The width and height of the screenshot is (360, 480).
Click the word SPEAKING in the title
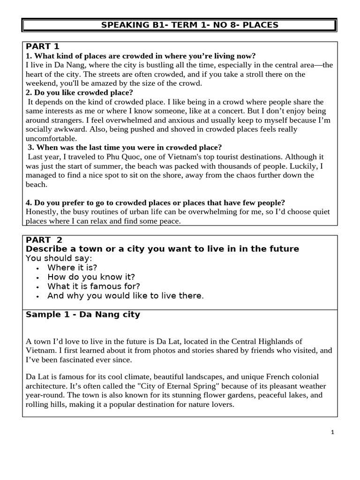tap(120, 25)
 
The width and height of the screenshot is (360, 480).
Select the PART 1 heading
tap(43, 46)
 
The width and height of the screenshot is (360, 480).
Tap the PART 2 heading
tap(44, 240)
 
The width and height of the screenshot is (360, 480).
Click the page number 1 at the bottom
tap(332, 433)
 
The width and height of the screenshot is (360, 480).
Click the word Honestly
tap(42, 212)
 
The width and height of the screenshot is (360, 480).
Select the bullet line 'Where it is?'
tap(72, 268)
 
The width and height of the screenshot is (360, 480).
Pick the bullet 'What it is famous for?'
tap(94, 286)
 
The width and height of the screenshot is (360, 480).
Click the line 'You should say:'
tap(59, 258)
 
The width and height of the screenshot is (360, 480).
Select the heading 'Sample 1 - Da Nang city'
tap(83, 315)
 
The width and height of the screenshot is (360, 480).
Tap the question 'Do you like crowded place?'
tap(83, 92)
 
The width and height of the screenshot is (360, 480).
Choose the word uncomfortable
tap(51, 139)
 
